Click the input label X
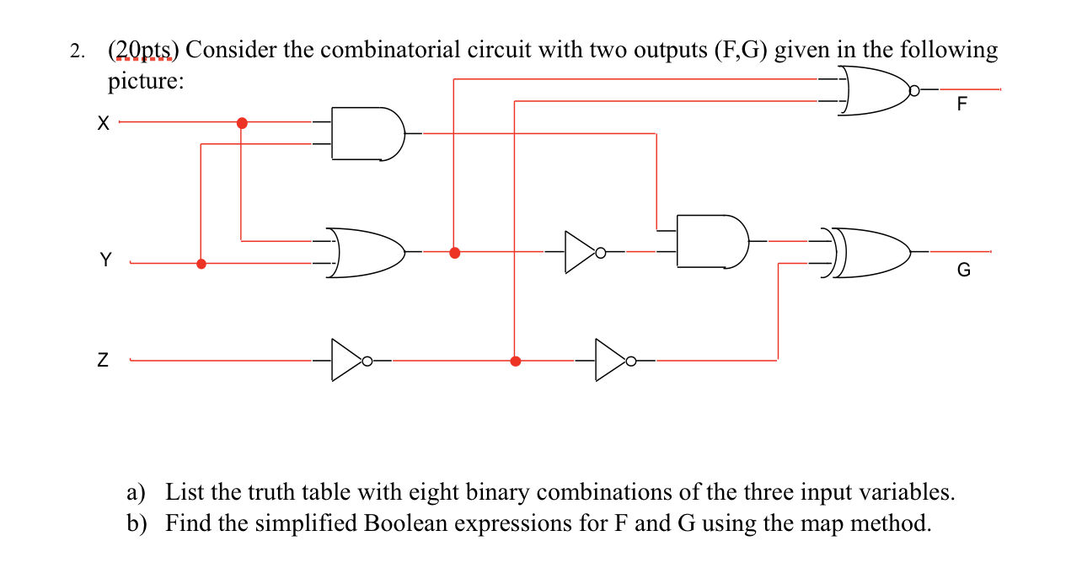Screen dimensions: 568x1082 103,123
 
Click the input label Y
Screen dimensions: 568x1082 105,260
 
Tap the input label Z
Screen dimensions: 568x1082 103,362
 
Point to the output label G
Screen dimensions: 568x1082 964,271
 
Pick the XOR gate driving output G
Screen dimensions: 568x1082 871,252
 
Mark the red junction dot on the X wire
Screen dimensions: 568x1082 242,123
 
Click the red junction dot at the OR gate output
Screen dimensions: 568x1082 455,252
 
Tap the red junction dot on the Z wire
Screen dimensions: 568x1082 516,361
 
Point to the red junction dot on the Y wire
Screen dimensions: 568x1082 201,263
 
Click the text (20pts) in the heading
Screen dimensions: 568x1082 143,51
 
